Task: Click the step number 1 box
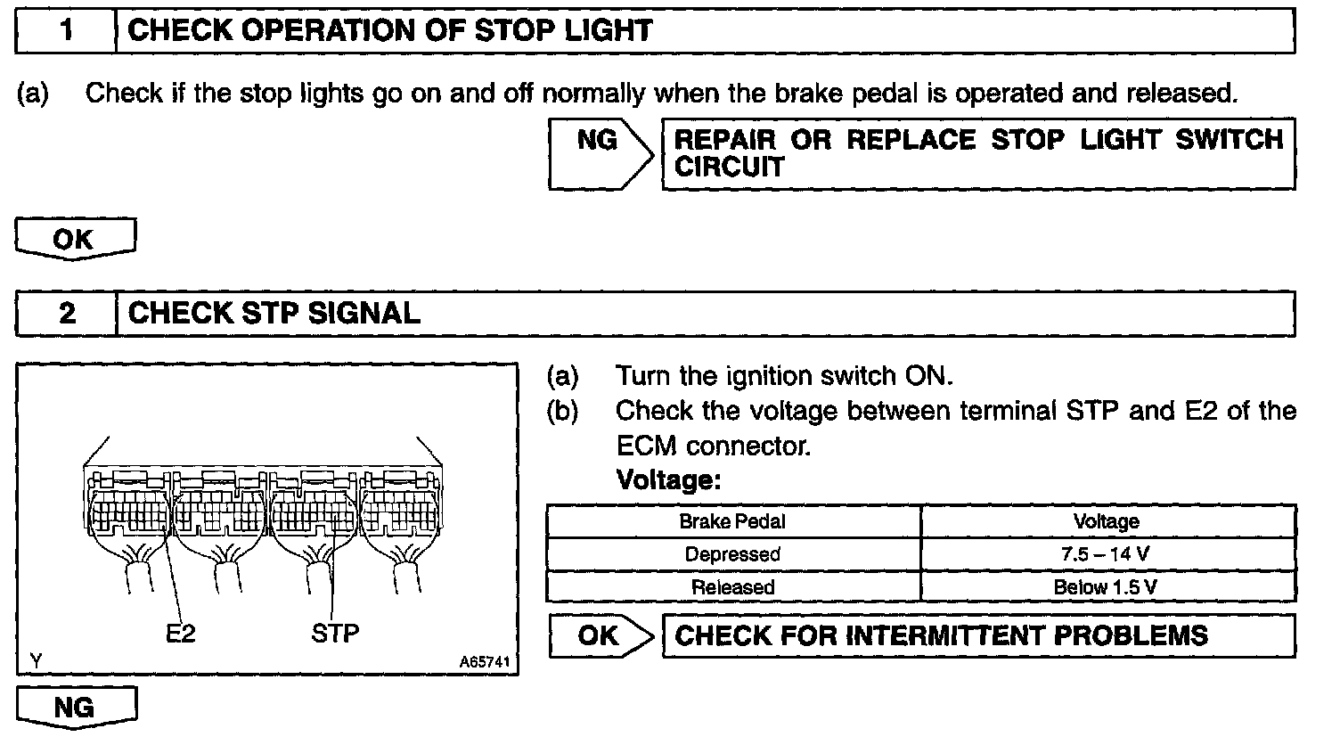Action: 66,32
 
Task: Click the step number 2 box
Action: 66,314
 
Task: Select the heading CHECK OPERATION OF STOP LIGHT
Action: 390,32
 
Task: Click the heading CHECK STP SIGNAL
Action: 274,314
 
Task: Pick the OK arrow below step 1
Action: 75,240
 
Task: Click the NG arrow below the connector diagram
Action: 75,708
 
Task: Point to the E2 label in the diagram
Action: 181,634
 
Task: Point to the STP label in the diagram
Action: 335,634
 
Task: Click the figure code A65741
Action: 484,663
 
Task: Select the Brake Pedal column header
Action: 732,521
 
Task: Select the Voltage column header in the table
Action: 1107,521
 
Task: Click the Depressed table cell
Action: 732,554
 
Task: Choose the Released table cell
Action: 732,587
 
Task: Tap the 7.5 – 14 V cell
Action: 1107,554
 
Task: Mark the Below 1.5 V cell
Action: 1107,587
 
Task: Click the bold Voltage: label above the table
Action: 668,481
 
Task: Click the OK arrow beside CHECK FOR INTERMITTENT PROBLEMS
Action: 599,635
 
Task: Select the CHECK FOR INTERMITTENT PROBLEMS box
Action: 977,635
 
